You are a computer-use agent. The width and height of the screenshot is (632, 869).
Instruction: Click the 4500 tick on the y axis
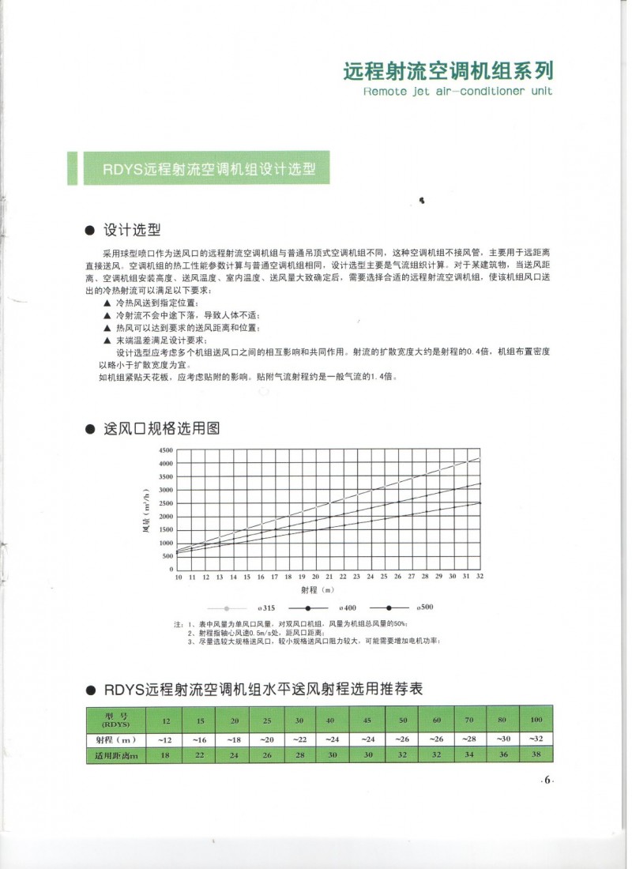[x=167, y=450]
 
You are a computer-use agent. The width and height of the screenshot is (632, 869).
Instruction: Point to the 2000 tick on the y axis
[x=167, y=516]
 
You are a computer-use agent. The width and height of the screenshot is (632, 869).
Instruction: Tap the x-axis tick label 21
[x=329, y=577]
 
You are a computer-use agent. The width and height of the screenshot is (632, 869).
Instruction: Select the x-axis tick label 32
[x=480, y=577]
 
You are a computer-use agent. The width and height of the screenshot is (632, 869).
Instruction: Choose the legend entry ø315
[x=265, y=608]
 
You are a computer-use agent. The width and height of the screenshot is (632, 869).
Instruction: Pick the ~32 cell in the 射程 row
[x=536, y=739]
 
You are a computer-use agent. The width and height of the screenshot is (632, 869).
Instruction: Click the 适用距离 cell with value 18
[x=166, y=756]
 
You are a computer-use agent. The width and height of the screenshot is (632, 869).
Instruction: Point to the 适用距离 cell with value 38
[x=536, y=756]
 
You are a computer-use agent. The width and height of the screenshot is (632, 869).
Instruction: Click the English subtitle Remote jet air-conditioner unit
[x=457, y=92]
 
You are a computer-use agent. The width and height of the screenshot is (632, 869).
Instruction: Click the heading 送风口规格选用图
[x=161, y=429]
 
